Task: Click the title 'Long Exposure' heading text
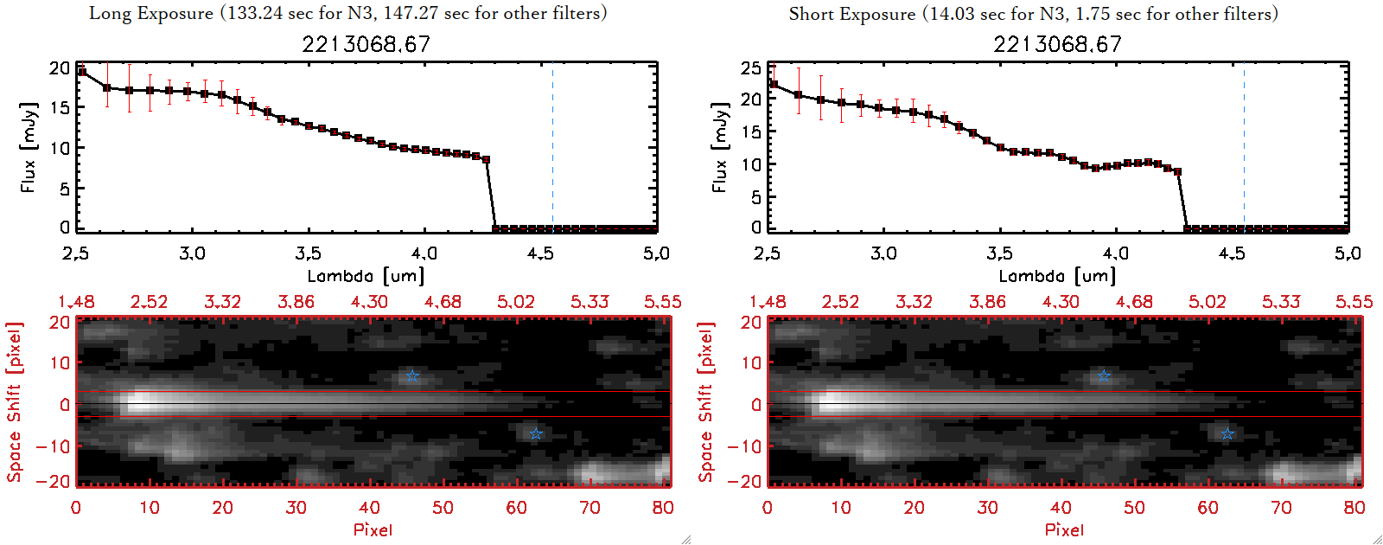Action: pos(151,13)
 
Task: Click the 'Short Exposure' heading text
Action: pos(851,14)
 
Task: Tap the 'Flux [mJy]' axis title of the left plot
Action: pos(29,148)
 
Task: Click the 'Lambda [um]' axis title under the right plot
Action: pos(1057,276)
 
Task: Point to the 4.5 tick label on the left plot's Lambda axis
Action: pos(540,253)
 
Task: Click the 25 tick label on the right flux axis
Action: pos(752,67)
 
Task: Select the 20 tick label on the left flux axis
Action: pos(61,67)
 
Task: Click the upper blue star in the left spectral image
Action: pos(412,375)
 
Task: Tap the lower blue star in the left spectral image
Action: pos(536,433)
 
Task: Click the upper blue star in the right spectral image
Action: pos(1104,375)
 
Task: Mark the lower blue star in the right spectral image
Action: pos(1227,433)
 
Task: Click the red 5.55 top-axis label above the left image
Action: pos(663,302)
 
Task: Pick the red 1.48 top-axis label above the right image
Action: pos(768,302)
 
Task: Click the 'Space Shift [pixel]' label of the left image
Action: pos(15,402)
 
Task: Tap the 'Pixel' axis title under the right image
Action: pos(1064,529)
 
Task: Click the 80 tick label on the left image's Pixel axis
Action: pos(663,508)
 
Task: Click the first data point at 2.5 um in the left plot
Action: pos(82,72)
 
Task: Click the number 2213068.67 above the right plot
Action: pos(1057,44)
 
